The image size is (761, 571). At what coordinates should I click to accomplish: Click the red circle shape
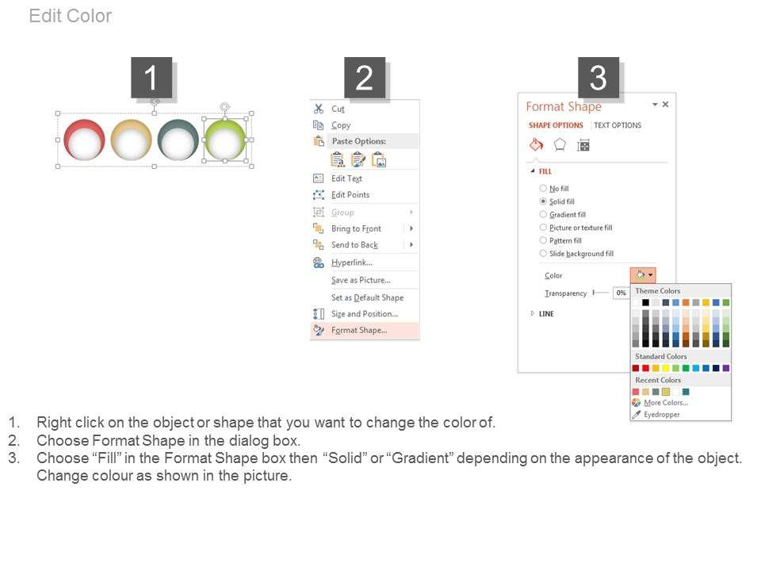coord(85,140)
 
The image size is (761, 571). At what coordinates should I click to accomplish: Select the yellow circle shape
coord(131,140)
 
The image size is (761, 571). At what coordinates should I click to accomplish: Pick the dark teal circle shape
coord(178,140)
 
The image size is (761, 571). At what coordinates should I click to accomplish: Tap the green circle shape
coord(225,140)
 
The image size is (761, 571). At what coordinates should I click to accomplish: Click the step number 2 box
coord(365,78)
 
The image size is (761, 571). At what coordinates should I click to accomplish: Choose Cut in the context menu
coord(338,109)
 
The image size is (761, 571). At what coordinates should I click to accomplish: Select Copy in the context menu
coord(341,125)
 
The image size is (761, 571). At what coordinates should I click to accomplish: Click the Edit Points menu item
coord(350,195)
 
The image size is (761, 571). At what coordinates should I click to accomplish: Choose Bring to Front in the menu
coord(356,228)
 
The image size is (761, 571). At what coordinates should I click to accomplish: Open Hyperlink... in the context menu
coord(352,263)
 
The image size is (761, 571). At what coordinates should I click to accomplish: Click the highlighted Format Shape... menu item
coord(359,330)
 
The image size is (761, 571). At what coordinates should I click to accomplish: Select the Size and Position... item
coord(365,314)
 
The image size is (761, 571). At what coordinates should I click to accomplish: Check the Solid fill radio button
coord(543,201)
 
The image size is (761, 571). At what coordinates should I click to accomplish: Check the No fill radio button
coord(543,188)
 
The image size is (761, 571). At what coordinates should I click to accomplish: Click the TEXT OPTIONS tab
coord(618,125)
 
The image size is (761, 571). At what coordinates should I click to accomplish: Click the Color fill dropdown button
coord(643,275)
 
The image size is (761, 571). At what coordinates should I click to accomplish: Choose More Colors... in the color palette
coord(665,403)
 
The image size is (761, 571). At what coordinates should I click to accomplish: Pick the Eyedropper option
coord(661,415)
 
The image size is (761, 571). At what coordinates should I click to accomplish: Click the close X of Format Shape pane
coord(665,105)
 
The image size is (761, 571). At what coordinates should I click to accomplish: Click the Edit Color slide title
coord(71,16)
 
